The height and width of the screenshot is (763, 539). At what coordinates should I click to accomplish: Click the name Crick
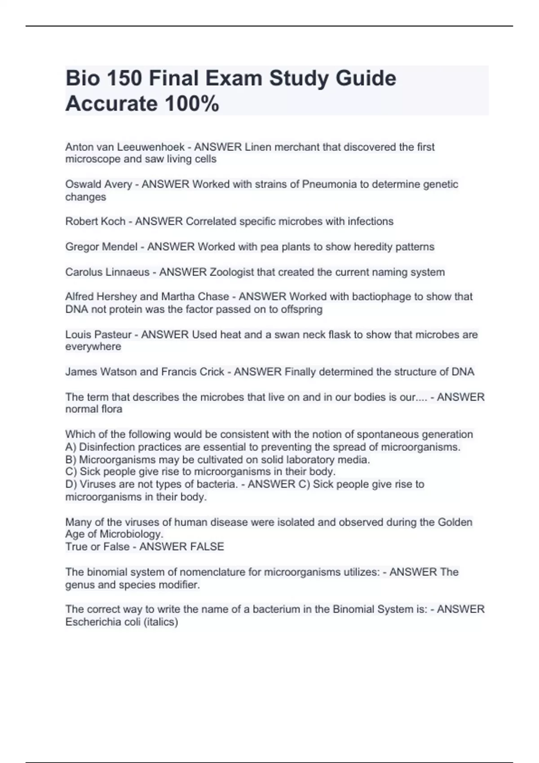pos(210,372)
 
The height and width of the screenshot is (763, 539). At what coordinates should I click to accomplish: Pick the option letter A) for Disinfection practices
pos(71,447)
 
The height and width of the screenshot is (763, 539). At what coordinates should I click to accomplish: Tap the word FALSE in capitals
pos(207,547)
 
